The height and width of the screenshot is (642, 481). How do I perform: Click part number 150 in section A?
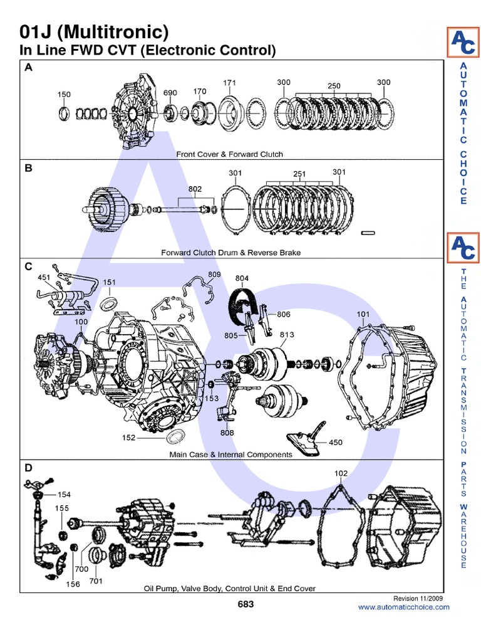[64, 95]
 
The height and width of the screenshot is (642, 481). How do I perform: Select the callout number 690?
[170, 93]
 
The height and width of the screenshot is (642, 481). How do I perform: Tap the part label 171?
[230, 83]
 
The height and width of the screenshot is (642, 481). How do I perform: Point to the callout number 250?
[333, 86]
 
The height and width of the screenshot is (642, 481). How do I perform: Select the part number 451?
[44, 277]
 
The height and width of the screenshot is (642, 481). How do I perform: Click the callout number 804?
[242, 278]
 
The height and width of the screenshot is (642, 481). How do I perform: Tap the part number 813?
[287, 334]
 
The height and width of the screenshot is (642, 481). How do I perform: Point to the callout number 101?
[363, 314]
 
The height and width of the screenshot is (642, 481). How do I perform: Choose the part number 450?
[336, 442]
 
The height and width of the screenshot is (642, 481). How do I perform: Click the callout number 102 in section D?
[341, 474]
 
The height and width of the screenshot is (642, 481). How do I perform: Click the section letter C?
[28, 266]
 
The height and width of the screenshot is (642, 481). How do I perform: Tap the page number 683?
[246, 604]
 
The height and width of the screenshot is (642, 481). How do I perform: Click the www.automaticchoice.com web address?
[403, 607]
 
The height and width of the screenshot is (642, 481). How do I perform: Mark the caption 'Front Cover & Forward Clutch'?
[229, 154]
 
